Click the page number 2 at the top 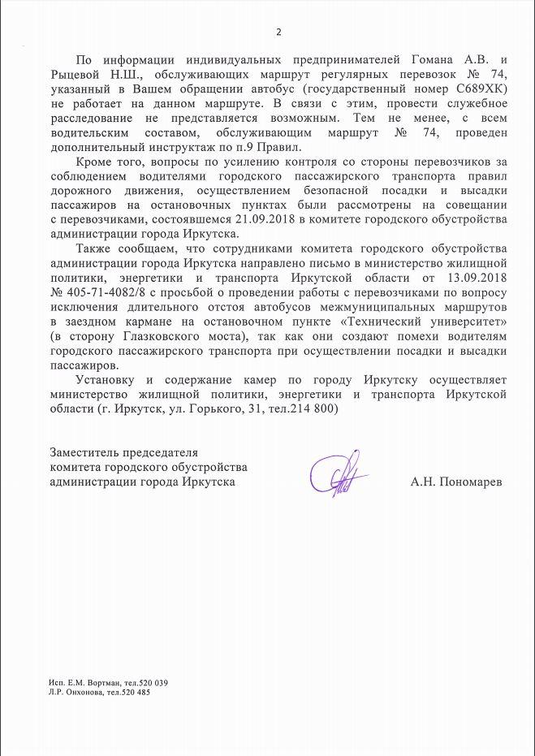click(x=278, y=32)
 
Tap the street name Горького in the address click(x=208, y=410)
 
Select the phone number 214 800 click(x=314, y=410)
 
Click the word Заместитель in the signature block click(x=86, y=452)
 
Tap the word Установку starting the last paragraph click(x=110, y=381)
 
